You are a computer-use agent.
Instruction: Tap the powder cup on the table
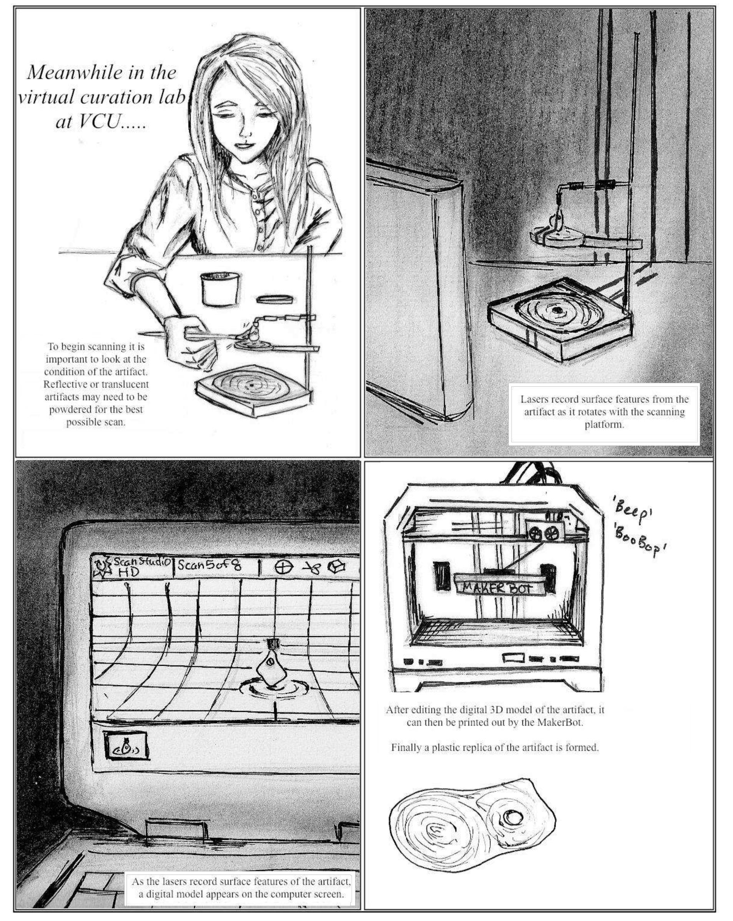point(219,289)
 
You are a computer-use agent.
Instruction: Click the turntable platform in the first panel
point(252,387)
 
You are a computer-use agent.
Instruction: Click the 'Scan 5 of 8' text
point(209,565)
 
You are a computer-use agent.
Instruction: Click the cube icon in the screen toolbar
point(337,567)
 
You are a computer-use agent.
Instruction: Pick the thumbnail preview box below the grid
point(126,745)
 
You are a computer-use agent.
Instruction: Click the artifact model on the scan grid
point(270,672)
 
